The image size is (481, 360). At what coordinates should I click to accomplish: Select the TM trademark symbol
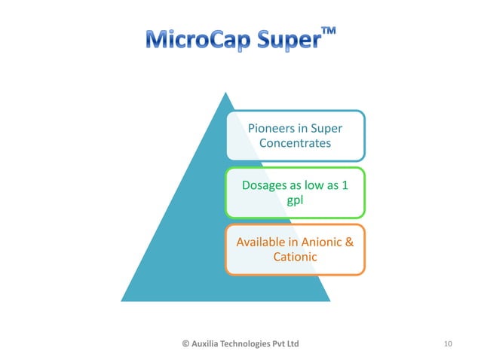pos(329,31)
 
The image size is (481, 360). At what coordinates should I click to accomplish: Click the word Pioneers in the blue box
pos(270,129)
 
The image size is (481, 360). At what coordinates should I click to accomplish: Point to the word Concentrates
pos(295,143)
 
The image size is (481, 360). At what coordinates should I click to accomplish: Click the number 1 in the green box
pos(345,185)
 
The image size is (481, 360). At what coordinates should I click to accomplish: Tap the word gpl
pos(296,200)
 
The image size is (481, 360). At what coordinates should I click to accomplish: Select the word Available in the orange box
pos(260,243)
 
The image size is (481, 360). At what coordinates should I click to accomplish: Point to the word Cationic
pos(295,257)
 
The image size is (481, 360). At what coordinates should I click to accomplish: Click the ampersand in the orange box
pos(349,243)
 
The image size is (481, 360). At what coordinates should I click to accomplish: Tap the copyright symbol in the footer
pos(186,343)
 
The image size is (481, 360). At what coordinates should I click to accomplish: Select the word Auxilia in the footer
pos(207,343)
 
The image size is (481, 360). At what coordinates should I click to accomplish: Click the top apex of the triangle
pos(225,93)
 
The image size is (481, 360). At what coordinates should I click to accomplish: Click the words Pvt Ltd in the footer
pos(289,343)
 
